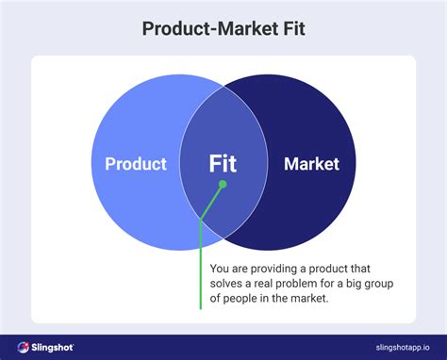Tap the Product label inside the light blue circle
[x=135, y=165]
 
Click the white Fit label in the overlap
[x=223, y=165]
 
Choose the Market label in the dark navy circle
[x=311, y=165]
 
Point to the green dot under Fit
[x=223, y=186]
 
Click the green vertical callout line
[x=201, y=273]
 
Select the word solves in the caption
[x=229, y=284]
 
